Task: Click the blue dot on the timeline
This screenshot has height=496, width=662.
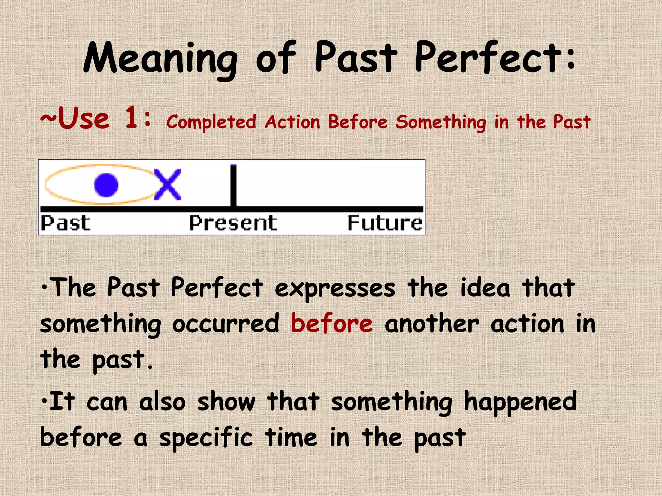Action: (x=106, y=185)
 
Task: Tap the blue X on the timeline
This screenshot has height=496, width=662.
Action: (x=167, y=184)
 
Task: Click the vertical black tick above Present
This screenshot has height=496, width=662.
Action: (x=233, y=186)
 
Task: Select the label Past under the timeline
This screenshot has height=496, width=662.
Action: (x=66, y=223)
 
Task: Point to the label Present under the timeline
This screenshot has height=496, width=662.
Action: (x=233, y=223)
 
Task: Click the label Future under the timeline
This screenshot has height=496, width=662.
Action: (x=385, y=223)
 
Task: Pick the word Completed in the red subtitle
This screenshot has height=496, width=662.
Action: (x=211, y=122)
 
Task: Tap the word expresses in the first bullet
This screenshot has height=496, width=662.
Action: (x=335, y=288)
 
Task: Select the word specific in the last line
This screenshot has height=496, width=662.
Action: (x=206, y=438)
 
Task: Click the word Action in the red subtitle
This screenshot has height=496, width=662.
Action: (x=293, y=122)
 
